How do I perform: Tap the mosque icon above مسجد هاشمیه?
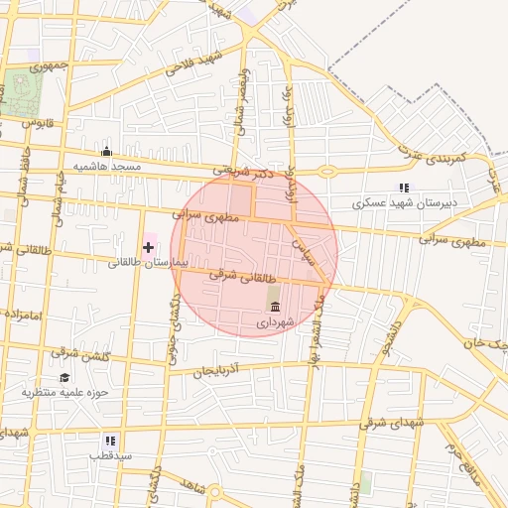click(106, 152)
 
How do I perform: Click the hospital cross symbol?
click(149, 246)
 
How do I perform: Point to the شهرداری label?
click(275, 322)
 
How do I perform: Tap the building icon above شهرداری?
click(275, 305)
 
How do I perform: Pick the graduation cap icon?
click(64, 377)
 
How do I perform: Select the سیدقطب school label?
click(110, 455)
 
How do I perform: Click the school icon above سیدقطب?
click(110, 440)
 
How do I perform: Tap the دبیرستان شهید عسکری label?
click(407, 203)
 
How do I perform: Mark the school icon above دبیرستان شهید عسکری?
click(403, 188)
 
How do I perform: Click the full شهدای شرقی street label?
click(394, 423)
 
